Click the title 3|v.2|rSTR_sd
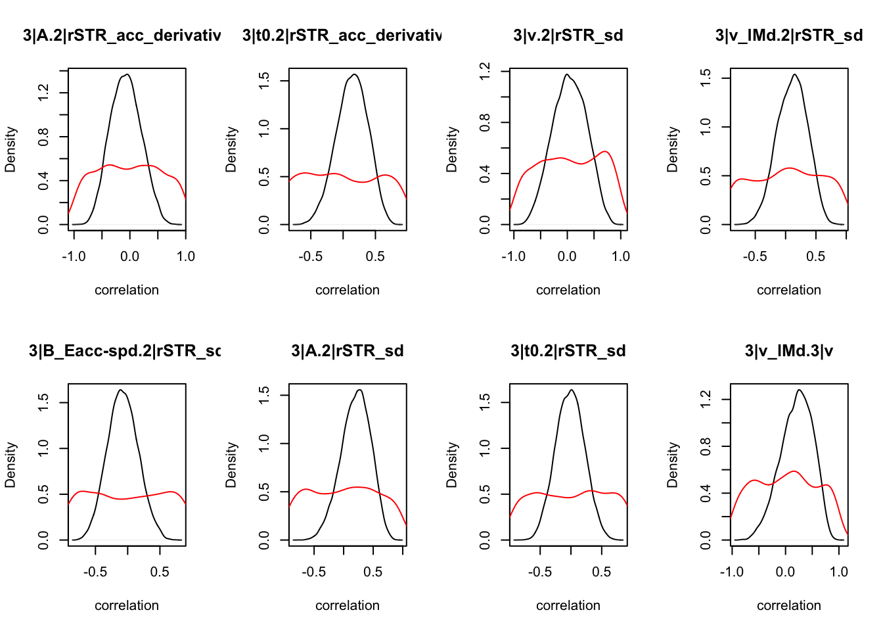click(x=568, y=35)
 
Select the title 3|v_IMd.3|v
click(x=788, y=351)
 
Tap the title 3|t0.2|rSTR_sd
click(x=568, y=351)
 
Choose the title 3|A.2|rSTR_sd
click(x=348, y=351)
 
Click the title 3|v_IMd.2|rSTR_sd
click(x=788, y=35)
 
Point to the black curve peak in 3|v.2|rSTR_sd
click(x=566, y=74)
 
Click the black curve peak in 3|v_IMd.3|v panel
click(x=799, y=390)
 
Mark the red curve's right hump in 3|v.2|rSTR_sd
click(x=606, y=152)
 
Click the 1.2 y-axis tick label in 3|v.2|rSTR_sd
click(x=486, y=71)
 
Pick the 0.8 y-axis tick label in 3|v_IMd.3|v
click(x=706, y=447)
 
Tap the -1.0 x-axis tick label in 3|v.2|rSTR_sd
click(x=514, y=256)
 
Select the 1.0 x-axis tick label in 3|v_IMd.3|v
click(x=839, y=572)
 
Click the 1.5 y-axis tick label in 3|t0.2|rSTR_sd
click(x=486, y=402)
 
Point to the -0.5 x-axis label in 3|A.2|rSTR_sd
click(x=314, y=572)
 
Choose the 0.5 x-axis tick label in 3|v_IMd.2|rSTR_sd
click(x=815, y=256)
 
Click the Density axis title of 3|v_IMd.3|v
click(x=673, y=465)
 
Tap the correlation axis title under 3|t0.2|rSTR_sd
click(x=568, y=605)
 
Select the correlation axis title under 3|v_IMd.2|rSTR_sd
click(x=788, y=290)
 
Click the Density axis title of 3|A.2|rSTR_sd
click(x=231, y=465)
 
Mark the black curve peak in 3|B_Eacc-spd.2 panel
click(x=121, y=390)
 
